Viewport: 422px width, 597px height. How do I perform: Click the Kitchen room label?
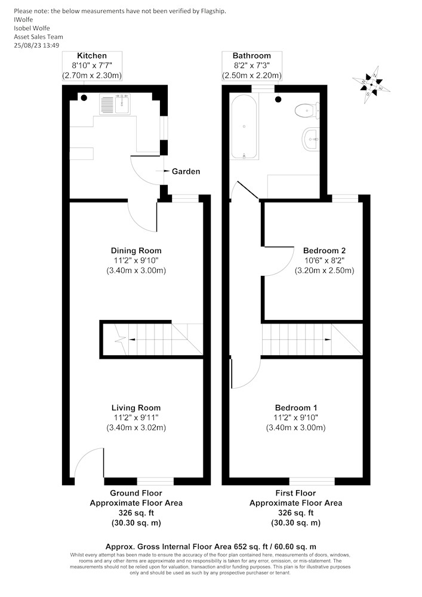click(92, 56)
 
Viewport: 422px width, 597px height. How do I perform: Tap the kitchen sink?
click(115, 104)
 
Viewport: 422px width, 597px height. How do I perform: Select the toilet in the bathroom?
click(307, 110)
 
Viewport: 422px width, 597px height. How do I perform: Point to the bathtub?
click(244, 127)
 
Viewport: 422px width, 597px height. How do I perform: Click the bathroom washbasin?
click(311, 139)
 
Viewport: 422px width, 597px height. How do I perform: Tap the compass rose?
click(371, 85)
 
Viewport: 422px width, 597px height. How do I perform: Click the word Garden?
click(186, 171)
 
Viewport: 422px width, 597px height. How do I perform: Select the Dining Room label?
click(136, 251)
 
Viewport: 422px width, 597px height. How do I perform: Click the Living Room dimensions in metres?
click(136, 427)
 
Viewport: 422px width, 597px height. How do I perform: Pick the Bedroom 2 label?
click(324, 251)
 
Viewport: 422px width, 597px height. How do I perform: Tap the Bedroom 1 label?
click(295, 408)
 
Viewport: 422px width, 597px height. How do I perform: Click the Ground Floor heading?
click(136, 493)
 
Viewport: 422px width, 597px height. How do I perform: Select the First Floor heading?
click(295, 493)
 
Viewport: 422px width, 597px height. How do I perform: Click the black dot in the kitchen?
click(84, 98)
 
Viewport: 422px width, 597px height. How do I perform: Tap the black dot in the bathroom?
click(279, 99)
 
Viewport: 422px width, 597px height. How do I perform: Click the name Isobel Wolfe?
click(32, 28)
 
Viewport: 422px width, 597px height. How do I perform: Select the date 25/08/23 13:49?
click(36, 45)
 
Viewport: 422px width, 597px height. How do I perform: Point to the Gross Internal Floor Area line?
click(211, 547)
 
